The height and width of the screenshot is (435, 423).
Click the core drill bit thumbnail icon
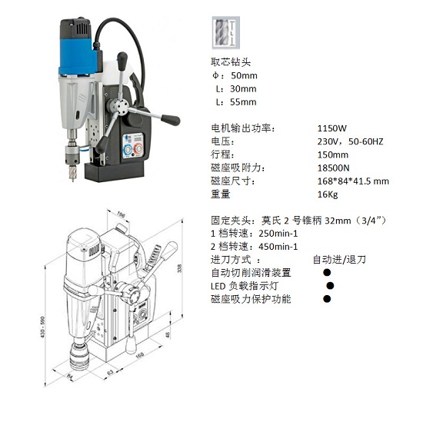[226, 33]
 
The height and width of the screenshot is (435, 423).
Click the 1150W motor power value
[332, 128]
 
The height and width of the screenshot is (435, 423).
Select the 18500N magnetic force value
[333, 168]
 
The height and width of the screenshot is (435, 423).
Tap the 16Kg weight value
[328, 194]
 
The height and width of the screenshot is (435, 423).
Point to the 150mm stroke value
[332, 154]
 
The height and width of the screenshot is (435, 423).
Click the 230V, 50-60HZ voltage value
[350, 141]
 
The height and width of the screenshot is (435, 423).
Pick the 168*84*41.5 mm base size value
[353, 181]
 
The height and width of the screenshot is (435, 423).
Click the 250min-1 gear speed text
[278, 234]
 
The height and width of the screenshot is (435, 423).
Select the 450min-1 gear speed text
[278, 247]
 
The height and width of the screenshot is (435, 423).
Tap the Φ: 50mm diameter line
[235, 75]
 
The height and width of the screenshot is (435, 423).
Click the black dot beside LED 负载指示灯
[330, 285]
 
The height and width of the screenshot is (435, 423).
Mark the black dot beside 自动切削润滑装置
[327, 272]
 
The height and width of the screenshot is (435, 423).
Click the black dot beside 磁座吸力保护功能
[327, 299]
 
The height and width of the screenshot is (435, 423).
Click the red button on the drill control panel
[138, 149]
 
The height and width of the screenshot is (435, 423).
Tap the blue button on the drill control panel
[128, 149]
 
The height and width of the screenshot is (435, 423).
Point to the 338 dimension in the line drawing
[179, 268]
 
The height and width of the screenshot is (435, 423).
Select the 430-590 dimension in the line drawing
[43, 327]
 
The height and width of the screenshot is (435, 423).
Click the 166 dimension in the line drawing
[140, 355]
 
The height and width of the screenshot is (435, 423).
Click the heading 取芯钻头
[231, 61]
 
